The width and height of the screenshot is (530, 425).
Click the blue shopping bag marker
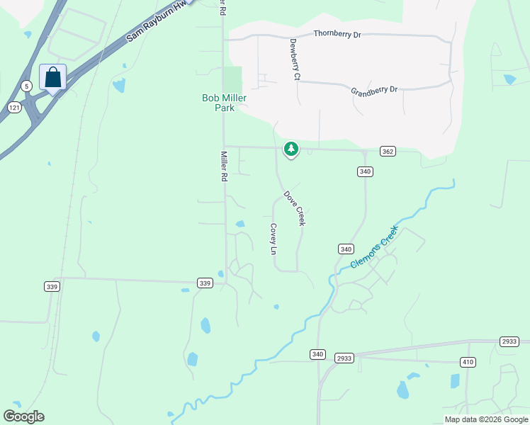[53, 79]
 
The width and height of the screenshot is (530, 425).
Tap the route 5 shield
[26, 86]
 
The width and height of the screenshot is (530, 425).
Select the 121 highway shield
[14, 106]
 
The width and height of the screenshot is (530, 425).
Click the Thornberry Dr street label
[337, 34]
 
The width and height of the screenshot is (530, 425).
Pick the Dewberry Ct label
[295, 58]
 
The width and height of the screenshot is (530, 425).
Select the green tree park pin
[291, 149]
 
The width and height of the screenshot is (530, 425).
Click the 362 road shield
[387, 151]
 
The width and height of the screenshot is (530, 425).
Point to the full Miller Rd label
[224, 166]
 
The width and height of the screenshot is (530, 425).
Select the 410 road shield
[467, 363]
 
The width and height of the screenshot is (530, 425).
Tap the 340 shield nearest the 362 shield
[366, 171]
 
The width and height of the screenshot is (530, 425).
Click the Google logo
[23, 416]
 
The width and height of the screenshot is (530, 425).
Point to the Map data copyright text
[486, 419]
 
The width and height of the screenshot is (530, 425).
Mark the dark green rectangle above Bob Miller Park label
[232, 79]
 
